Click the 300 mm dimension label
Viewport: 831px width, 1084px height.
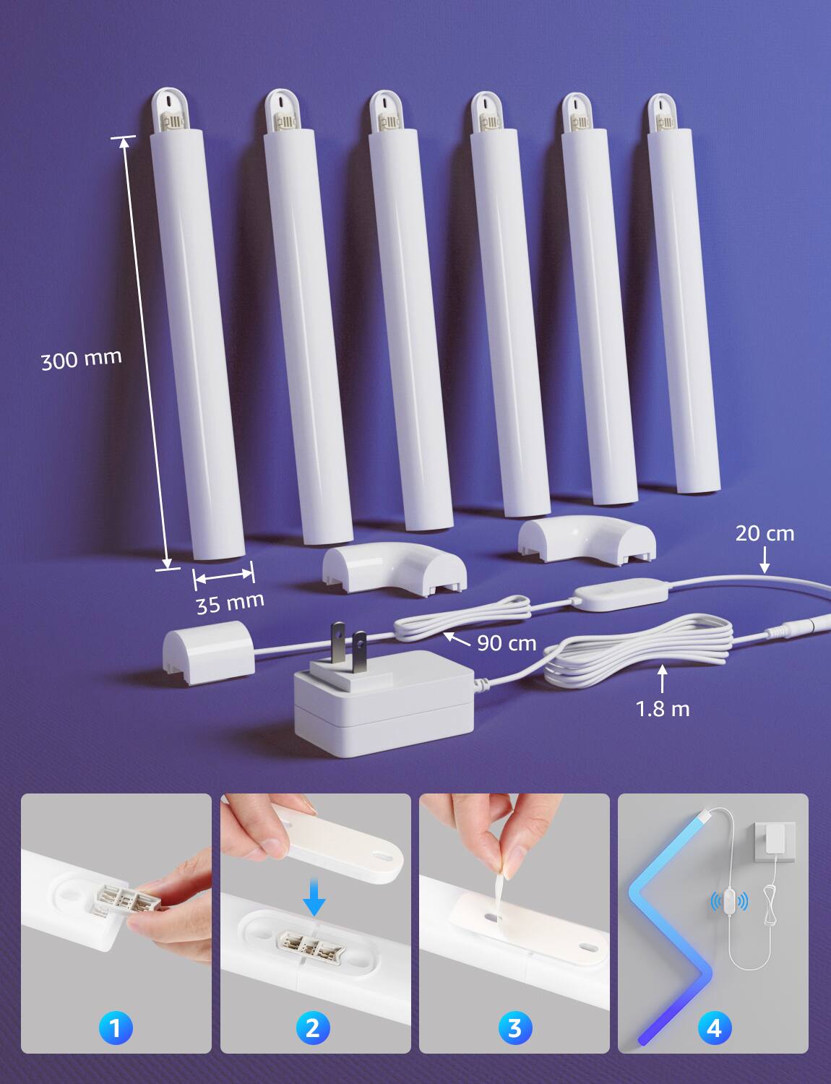82,359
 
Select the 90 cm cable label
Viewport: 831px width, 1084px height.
507,643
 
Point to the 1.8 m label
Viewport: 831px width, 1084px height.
663,709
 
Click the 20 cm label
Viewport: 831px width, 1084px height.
765,533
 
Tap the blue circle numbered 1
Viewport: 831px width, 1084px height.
116,1028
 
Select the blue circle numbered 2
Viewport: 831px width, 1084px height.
313,1028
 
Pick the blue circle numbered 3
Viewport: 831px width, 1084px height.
514,1028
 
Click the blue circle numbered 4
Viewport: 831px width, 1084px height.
714,1028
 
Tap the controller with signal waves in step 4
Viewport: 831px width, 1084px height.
729,901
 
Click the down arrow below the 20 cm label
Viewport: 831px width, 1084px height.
765,560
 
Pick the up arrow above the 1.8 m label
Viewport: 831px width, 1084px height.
663,679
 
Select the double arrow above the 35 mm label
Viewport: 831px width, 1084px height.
224,576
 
